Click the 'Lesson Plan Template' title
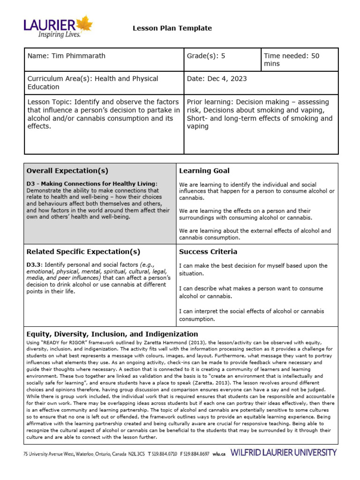click(172, 28)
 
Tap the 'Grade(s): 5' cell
click(206, 56)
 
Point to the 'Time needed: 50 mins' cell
click(291, 60)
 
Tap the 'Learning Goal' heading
click(204, 171)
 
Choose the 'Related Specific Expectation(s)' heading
click(83, 252)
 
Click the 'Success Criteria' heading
click(208, 252)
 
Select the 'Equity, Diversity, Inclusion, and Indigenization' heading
click(112, 334)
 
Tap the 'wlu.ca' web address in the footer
click(219, 454)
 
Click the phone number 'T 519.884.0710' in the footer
click(163, 454)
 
